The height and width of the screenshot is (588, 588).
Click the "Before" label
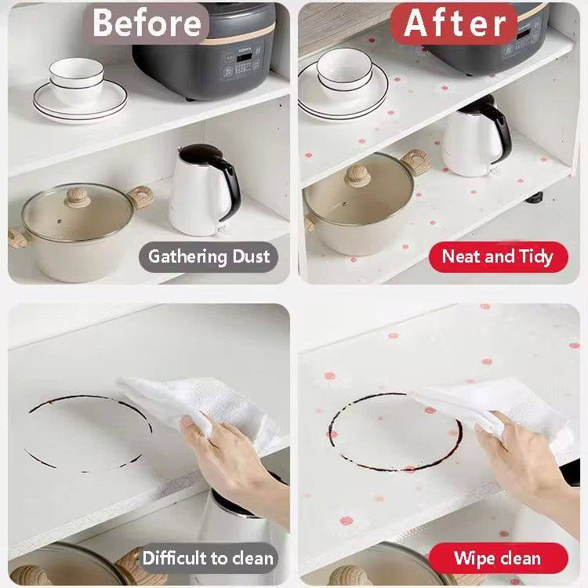click(147, 24)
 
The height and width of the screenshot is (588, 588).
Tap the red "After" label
click(454, 24)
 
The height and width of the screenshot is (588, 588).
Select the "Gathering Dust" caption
click(209, 257)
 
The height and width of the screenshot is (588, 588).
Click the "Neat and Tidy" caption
click(498, 257)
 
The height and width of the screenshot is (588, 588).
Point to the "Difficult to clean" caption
click(208, 558)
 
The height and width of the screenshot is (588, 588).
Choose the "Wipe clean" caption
click(498, 558)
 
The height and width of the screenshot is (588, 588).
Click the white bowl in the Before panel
click(76, 80)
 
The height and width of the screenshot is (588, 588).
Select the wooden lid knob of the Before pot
click(78, 198)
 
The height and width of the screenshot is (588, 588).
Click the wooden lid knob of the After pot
click(358, 176)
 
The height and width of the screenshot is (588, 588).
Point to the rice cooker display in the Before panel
click(244, 57)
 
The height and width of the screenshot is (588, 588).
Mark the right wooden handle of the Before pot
click(140, 198)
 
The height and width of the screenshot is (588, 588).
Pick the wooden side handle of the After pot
click(415, 162)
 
